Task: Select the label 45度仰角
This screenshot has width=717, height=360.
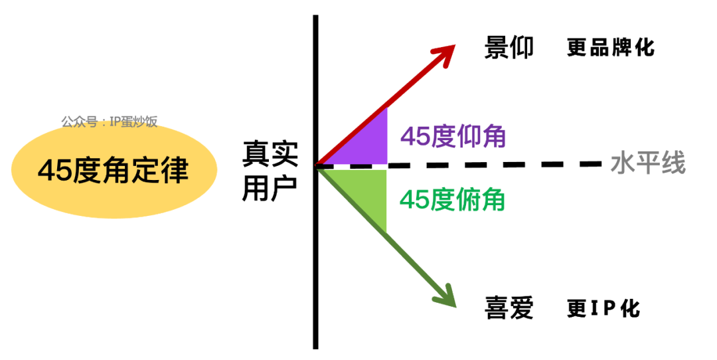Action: [453, 136]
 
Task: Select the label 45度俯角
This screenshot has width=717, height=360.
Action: [452, 200]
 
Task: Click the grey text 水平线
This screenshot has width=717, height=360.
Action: [648, 163]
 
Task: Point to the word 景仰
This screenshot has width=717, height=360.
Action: [509, 47]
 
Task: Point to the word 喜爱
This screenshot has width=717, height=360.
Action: [509, 308]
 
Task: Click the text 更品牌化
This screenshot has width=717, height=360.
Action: [611, 47]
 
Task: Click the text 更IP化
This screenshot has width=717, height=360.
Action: [603, 308]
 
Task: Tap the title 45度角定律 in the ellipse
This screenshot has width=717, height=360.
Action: [113, 170]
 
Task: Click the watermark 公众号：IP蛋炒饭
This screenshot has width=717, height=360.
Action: [110, 122]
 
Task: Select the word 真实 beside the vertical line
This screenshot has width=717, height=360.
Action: [270, 153]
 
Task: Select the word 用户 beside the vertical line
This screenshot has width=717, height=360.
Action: [270, 187]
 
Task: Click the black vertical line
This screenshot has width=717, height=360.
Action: [315, 182]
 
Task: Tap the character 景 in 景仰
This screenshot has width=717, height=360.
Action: [497, 47]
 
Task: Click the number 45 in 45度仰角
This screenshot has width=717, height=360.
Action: [415, 136]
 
